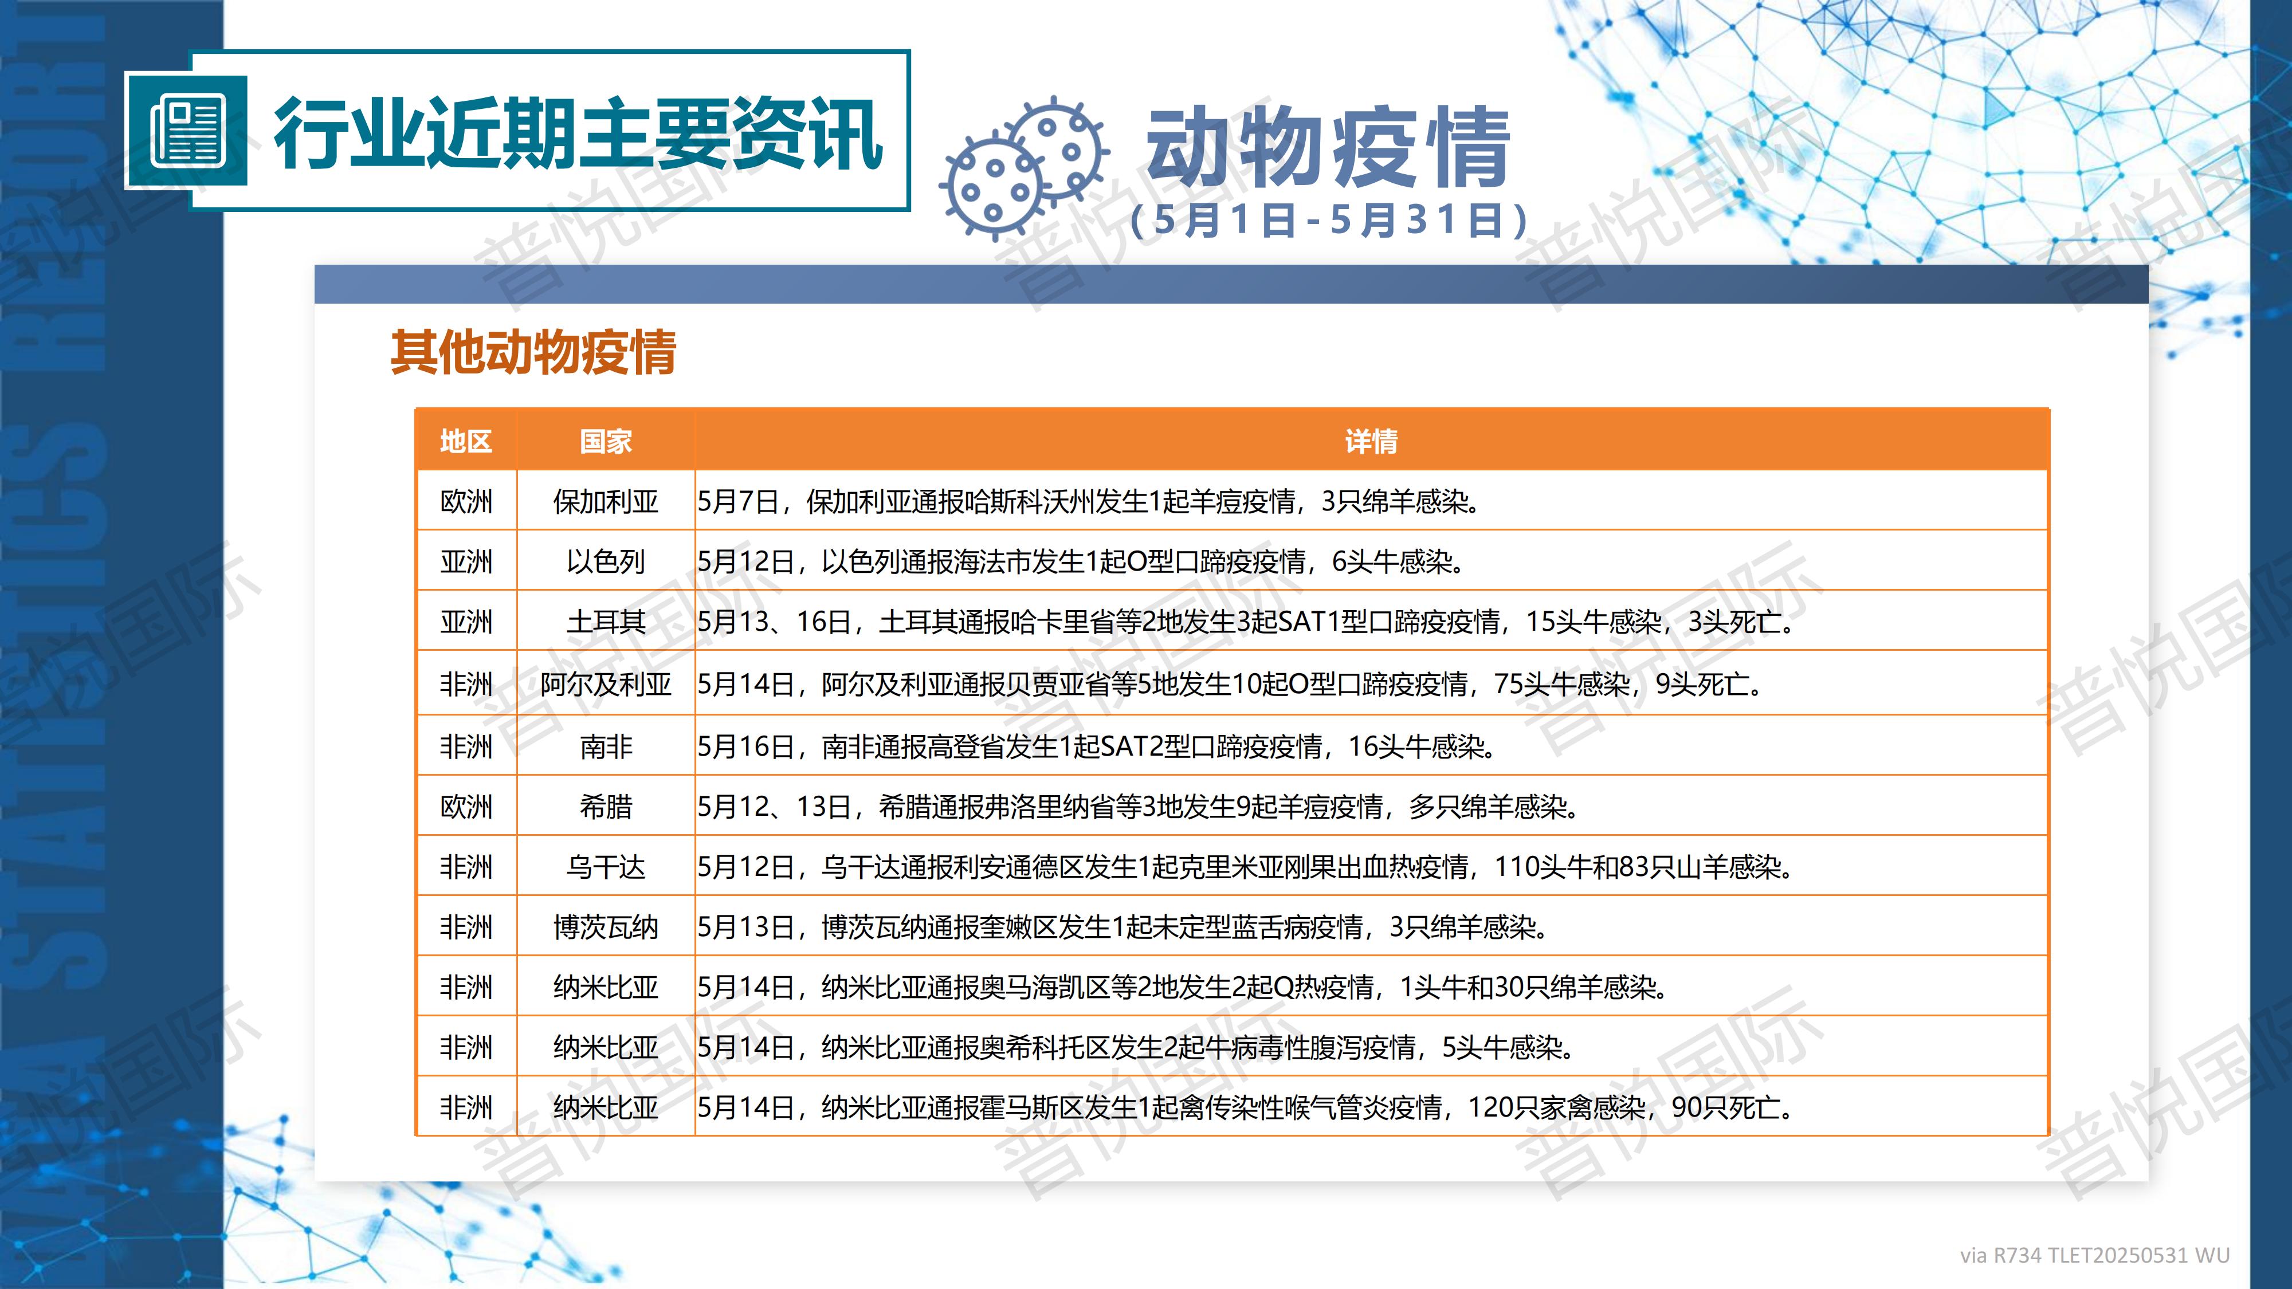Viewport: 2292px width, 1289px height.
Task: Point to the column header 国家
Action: [605, 441]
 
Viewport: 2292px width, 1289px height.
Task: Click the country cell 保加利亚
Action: [605, 502]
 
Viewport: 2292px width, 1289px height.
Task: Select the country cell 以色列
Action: [605, 561]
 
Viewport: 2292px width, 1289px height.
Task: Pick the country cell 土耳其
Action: [605, 622]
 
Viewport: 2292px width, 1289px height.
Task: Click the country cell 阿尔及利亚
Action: [605, 684]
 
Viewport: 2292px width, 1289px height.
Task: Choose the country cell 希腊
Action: [605, 807]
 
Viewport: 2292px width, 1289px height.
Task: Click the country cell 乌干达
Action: [605, 866]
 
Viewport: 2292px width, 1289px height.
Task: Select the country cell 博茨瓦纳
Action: [605, 927]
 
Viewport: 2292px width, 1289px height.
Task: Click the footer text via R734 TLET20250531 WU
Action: [2094, 1255]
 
